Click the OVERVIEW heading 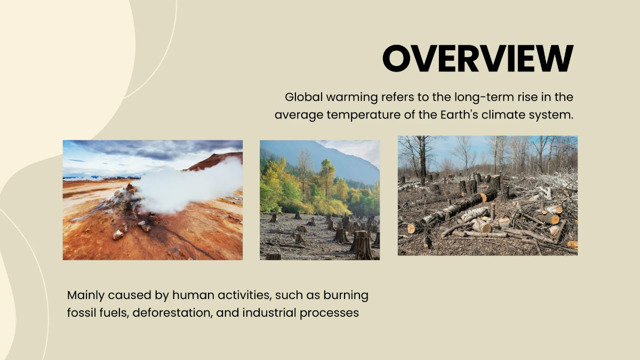477,58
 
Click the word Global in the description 302,97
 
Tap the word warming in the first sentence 352,97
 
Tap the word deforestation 173,313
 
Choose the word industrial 269,313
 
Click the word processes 329,313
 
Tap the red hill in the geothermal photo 219,161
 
